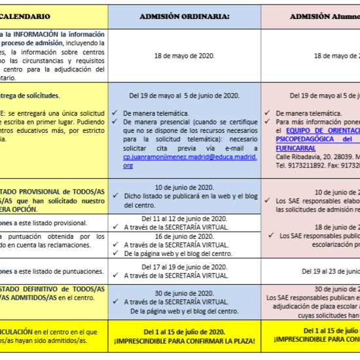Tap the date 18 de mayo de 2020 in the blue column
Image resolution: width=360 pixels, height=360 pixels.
coord(185,56)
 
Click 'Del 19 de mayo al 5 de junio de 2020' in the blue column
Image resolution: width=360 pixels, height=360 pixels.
coord(185,96)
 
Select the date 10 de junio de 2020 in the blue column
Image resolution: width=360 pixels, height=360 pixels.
coord(185,187)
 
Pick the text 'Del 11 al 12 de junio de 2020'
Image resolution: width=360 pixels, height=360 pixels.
coord(185,218)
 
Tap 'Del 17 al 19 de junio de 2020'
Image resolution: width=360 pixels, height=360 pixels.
coord(185,267)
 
